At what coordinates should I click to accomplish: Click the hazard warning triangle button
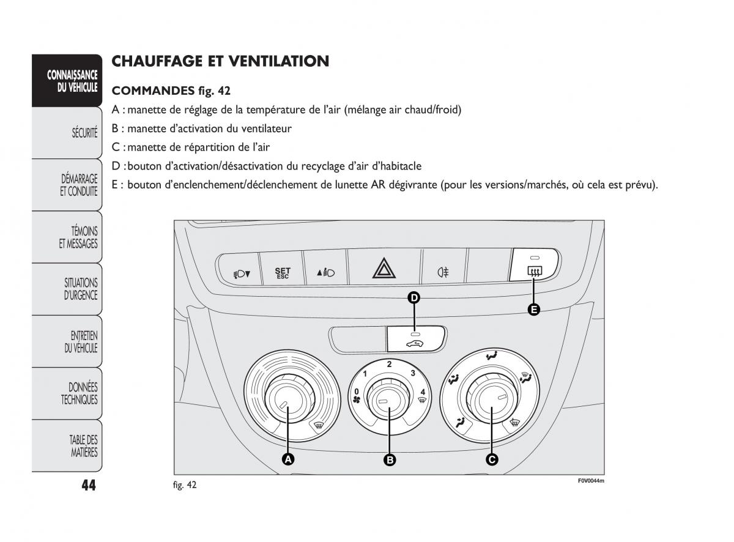tap(384, 269)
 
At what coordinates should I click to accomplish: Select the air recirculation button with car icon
tap(415, 339)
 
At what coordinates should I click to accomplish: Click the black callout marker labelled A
tap(288, 459)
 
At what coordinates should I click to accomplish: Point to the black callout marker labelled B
tap(389, 459)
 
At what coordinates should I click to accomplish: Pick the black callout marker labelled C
tap(491, 459)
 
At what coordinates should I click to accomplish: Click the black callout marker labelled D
tap(414, 298)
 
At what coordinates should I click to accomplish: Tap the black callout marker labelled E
tap(533, 310)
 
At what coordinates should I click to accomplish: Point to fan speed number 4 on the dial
tap(422, 392)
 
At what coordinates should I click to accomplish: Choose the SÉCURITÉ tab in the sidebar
tap(84, 132)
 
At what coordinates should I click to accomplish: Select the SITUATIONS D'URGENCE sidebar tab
tap(81, 289)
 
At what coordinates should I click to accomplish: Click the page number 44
tap(88, 485)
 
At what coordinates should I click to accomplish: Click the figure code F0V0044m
tap(591, 480)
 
